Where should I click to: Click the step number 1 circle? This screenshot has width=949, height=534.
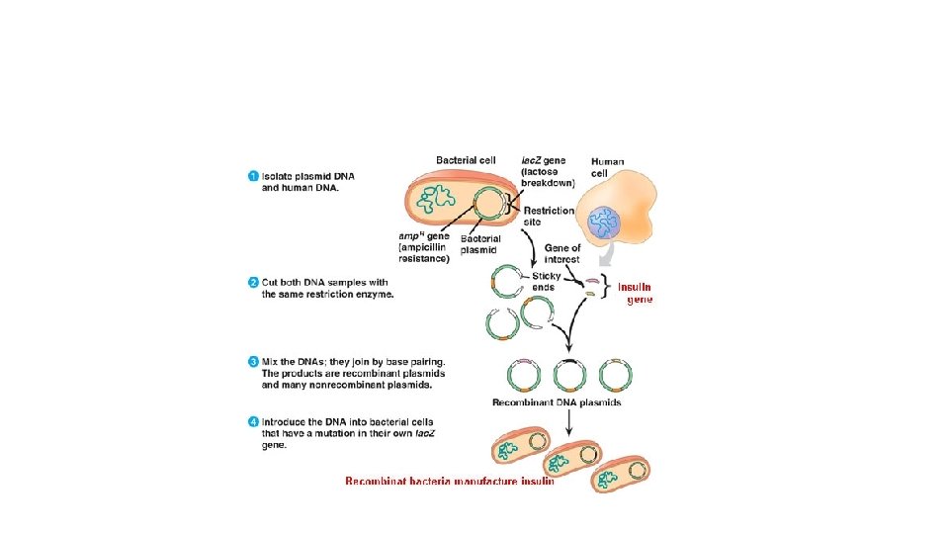pos(252,177)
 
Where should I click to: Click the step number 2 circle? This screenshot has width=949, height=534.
pos(252,284)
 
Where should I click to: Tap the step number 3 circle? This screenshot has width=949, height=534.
pos(252,362)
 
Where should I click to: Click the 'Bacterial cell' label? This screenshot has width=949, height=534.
pos(470,160)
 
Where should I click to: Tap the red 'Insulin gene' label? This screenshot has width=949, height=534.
pos(636,293)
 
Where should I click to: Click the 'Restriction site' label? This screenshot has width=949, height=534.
pos(549,217)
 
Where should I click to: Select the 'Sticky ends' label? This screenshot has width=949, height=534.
pos(547,281)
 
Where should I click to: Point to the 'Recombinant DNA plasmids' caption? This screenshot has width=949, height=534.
pos(557,402)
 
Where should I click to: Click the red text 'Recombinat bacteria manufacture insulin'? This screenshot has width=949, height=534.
pos(449,483)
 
